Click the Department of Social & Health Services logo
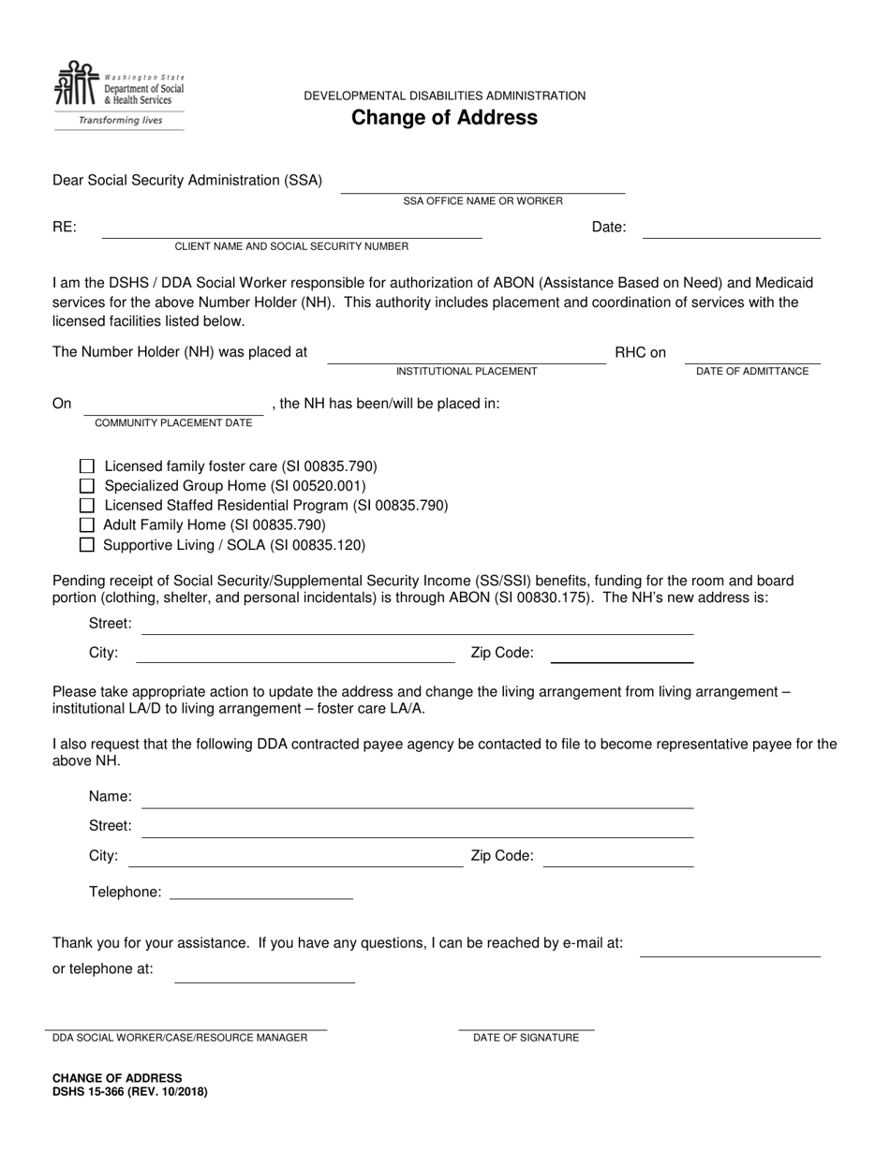[118, 95]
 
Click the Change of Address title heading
[444, 118]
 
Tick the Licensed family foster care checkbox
[87, 465]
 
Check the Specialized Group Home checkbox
[87, 485]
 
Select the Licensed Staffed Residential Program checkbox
[87, 505]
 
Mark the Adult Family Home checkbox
[87, 524]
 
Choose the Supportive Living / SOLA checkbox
[87, 544]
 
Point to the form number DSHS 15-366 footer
[130, 1092]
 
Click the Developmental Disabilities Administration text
[444, 96]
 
